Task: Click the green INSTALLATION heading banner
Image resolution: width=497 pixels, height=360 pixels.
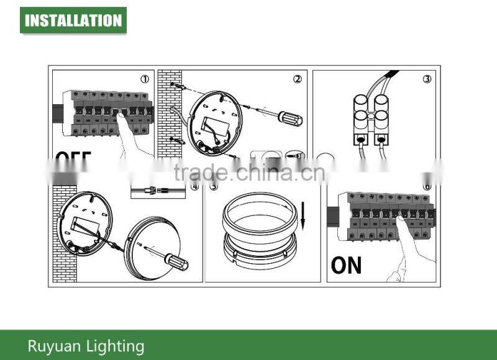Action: (x=73, y=20)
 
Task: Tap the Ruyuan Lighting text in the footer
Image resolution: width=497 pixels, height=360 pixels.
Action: (x=86, y=346)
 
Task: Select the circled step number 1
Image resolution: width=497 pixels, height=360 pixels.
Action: (x=144, y=79)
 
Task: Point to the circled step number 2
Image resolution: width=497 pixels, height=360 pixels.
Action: (x=297, y=79)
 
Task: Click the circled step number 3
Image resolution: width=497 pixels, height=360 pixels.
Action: (x=427, y=79)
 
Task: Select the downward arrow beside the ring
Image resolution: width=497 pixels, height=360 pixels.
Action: (x=304, y=214)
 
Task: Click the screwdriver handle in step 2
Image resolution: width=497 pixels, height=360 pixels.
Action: (x=290, y=118)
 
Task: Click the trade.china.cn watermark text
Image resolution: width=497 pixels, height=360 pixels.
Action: (x=248, y=173)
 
